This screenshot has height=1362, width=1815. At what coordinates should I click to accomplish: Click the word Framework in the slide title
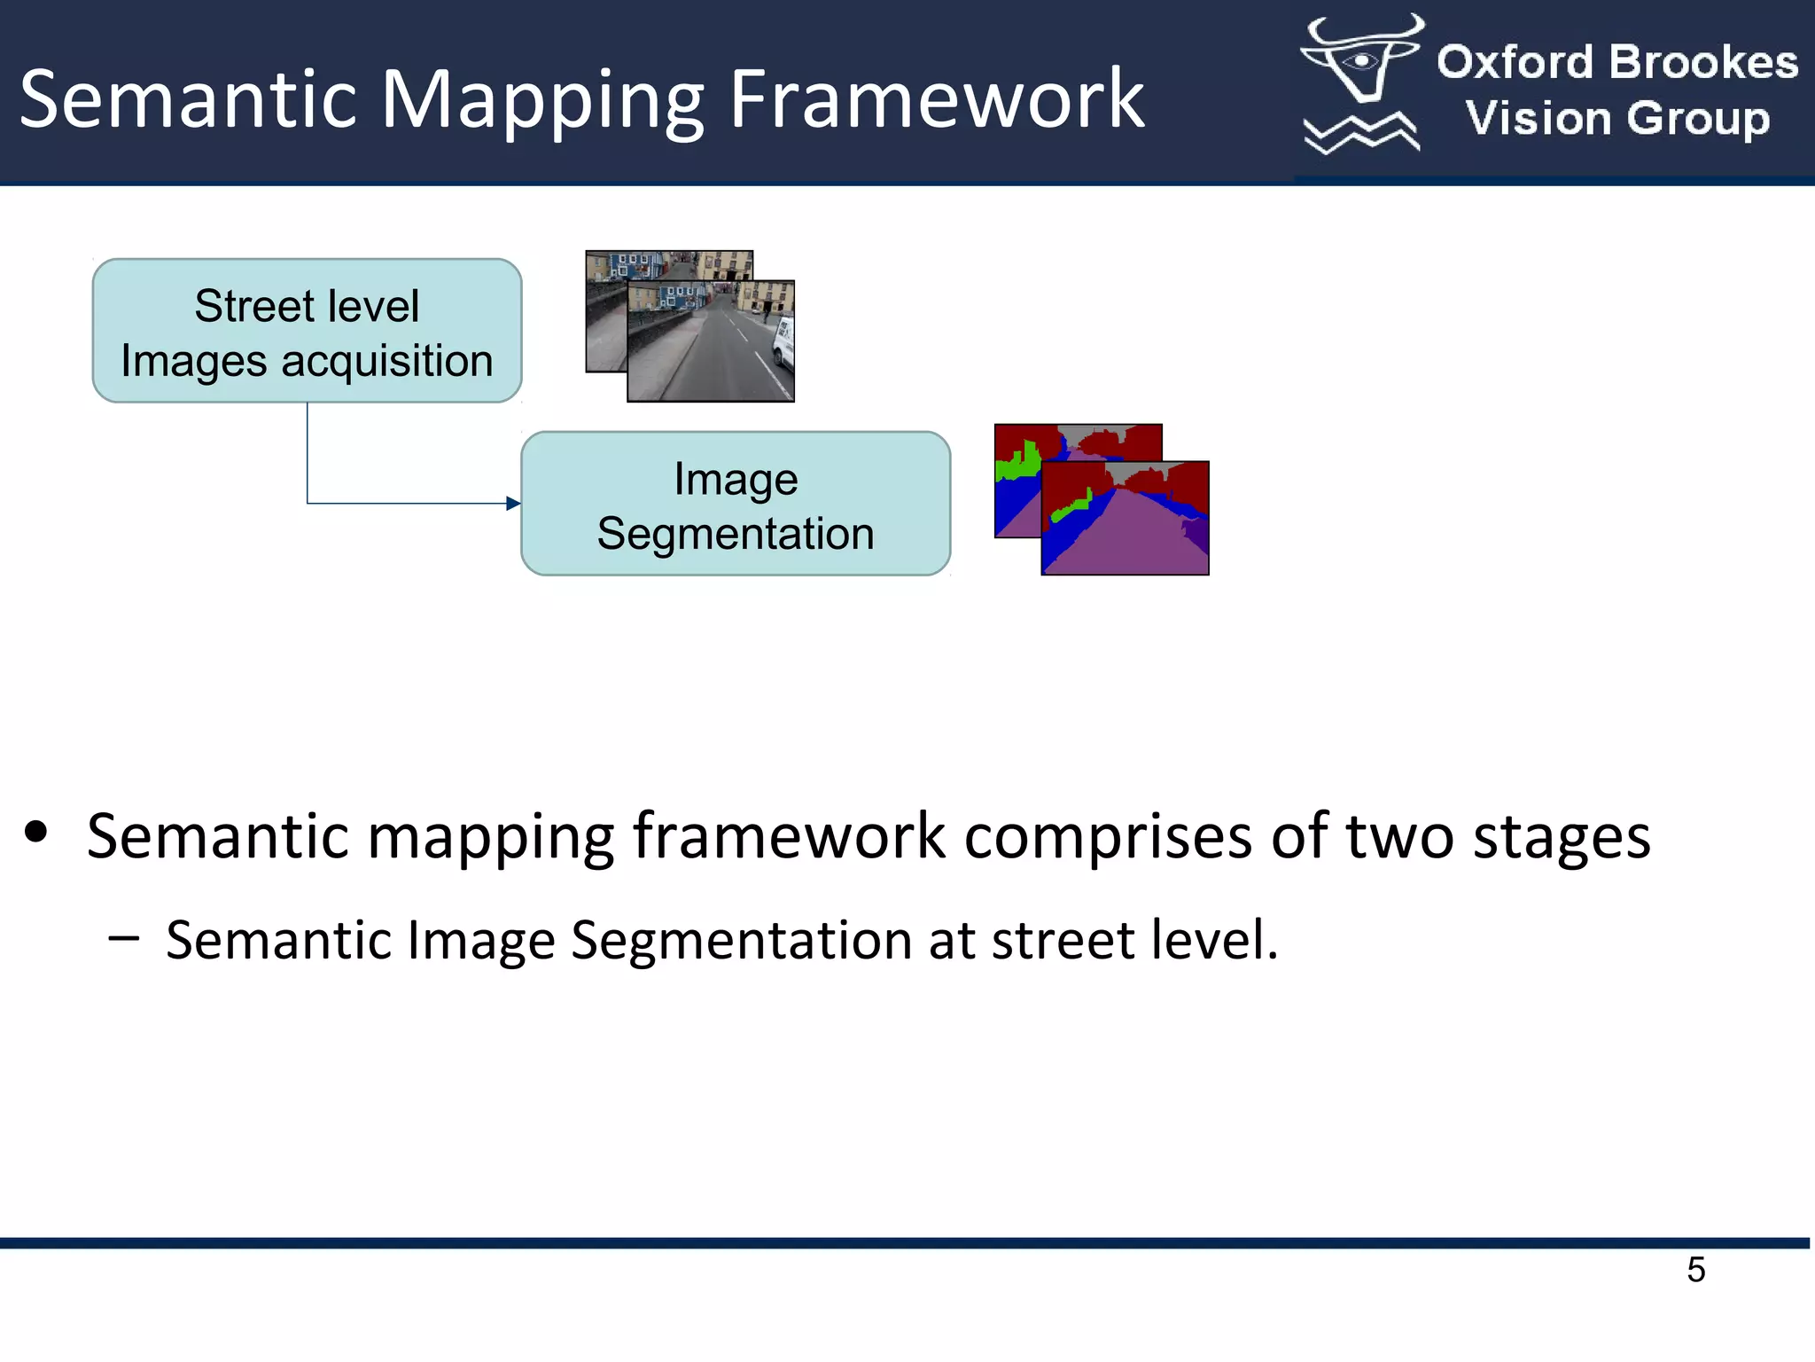[936, 99]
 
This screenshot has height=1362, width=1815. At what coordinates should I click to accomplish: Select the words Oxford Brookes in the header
[1617, 63]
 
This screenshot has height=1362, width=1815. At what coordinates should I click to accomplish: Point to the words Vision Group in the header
[1617, 118]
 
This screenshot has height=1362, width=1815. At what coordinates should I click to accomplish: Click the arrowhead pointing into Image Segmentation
[513, 504]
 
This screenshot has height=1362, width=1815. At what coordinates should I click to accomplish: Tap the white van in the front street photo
[783, 341]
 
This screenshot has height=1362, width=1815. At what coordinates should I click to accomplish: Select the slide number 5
[1695, 1270]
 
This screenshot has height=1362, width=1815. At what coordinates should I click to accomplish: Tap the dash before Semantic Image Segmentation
[123, 938]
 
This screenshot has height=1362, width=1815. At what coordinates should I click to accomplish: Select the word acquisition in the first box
[387, 362]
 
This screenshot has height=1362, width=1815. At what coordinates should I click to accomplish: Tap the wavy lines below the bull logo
[1360, 133]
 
